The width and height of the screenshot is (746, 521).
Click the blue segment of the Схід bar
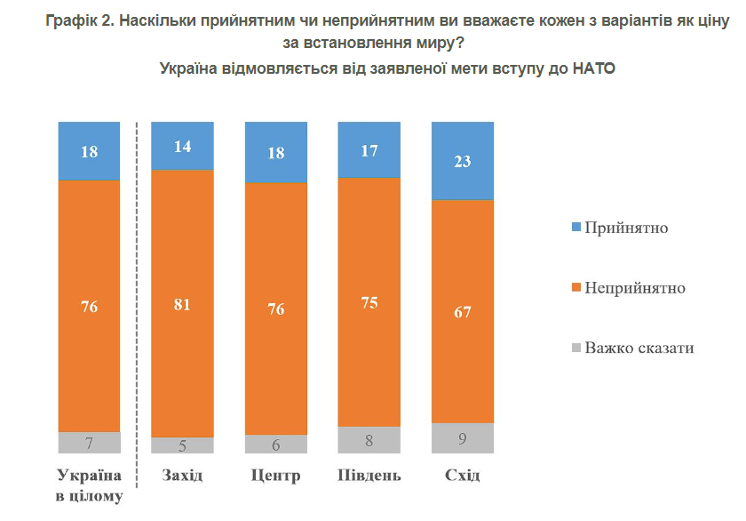462,161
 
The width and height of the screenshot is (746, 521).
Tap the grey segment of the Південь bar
369,439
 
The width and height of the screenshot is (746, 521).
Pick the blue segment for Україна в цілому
89,151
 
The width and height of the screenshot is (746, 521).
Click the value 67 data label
462,312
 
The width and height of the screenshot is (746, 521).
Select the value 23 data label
462,162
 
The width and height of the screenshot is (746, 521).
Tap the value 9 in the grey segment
462,437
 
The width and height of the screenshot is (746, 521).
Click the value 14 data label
182,148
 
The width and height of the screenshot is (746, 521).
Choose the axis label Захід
182,476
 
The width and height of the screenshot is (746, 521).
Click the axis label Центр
275,476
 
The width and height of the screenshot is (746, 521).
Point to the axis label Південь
369,476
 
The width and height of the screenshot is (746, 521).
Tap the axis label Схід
462,476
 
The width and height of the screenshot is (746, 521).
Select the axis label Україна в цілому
89,485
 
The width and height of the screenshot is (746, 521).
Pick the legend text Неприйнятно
634,288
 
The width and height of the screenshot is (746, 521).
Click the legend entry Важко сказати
639,348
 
